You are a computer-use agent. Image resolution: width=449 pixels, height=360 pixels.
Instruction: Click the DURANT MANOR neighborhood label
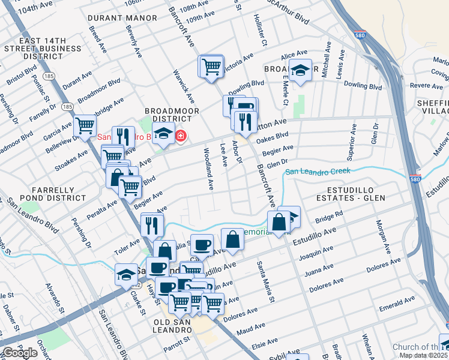118,19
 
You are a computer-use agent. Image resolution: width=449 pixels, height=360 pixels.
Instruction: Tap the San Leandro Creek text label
318,172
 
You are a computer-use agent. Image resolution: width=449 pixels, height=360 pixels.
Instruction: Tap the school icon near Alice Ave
300,71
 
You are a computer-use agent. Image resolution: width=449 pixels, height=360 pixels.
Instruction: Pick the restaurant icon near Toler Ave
152,225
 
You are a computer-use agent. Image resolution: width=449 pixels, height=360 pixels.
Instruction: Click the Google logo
20,353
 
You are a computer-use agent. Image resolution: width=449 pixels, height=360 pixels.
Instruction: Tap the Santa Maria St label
265,281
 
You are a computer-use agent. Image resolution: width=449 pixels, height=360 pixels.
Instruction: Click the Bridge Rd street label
330,215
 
